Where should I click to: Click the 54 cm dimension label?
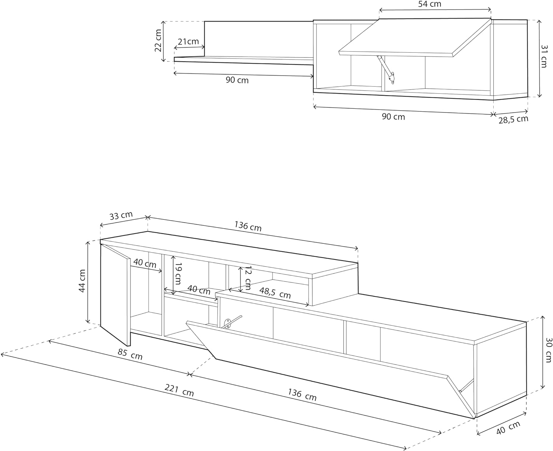click(429, 4)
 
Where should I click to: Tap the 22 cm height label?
click(158, 41)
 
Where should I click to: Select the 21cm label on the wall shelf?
click(188, 41)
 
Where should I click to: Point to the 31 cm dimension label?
click(544, 56)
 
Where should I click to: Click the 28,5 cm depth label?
click(513, 119)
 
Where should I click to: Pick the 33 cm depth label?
click(121, 215)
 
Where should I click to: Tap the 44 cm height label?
click(82, 281)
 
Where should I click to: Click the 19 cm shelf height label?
click(178, 274)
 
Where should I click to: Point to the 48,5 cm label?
click(275, 293)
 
